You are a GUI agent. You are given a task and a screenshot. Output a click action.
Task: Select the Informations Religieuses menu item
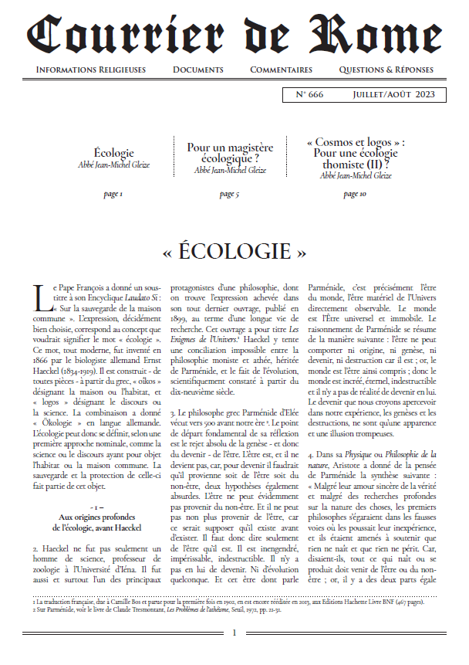[x=91, y=70]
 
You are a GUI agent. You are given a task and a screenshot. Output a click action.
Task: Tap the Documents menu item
[x=198, y=70]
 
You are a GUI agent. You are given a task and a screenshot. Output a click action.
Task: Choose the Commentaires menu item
[x=282, y=70]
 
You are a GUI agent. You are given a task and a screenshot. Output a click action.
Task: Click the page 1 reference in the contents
[x=113, y=194]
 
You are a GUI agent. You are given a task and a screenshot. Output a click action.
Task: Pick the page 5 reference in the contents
[x=229, y=194]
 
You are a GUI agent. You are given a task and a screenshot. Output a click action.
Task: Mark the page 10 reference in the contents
[x=355, y=194]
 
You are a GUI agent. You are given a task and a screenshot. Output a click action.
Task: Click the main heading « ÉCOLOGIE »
[x=234, y=253]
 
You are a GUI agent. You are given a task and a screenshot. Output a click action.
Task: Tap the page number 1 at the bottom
[x=235, y=633]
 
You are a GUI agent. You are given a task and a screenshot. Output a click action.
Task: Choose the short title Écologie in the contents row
[x=113, y=154]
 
